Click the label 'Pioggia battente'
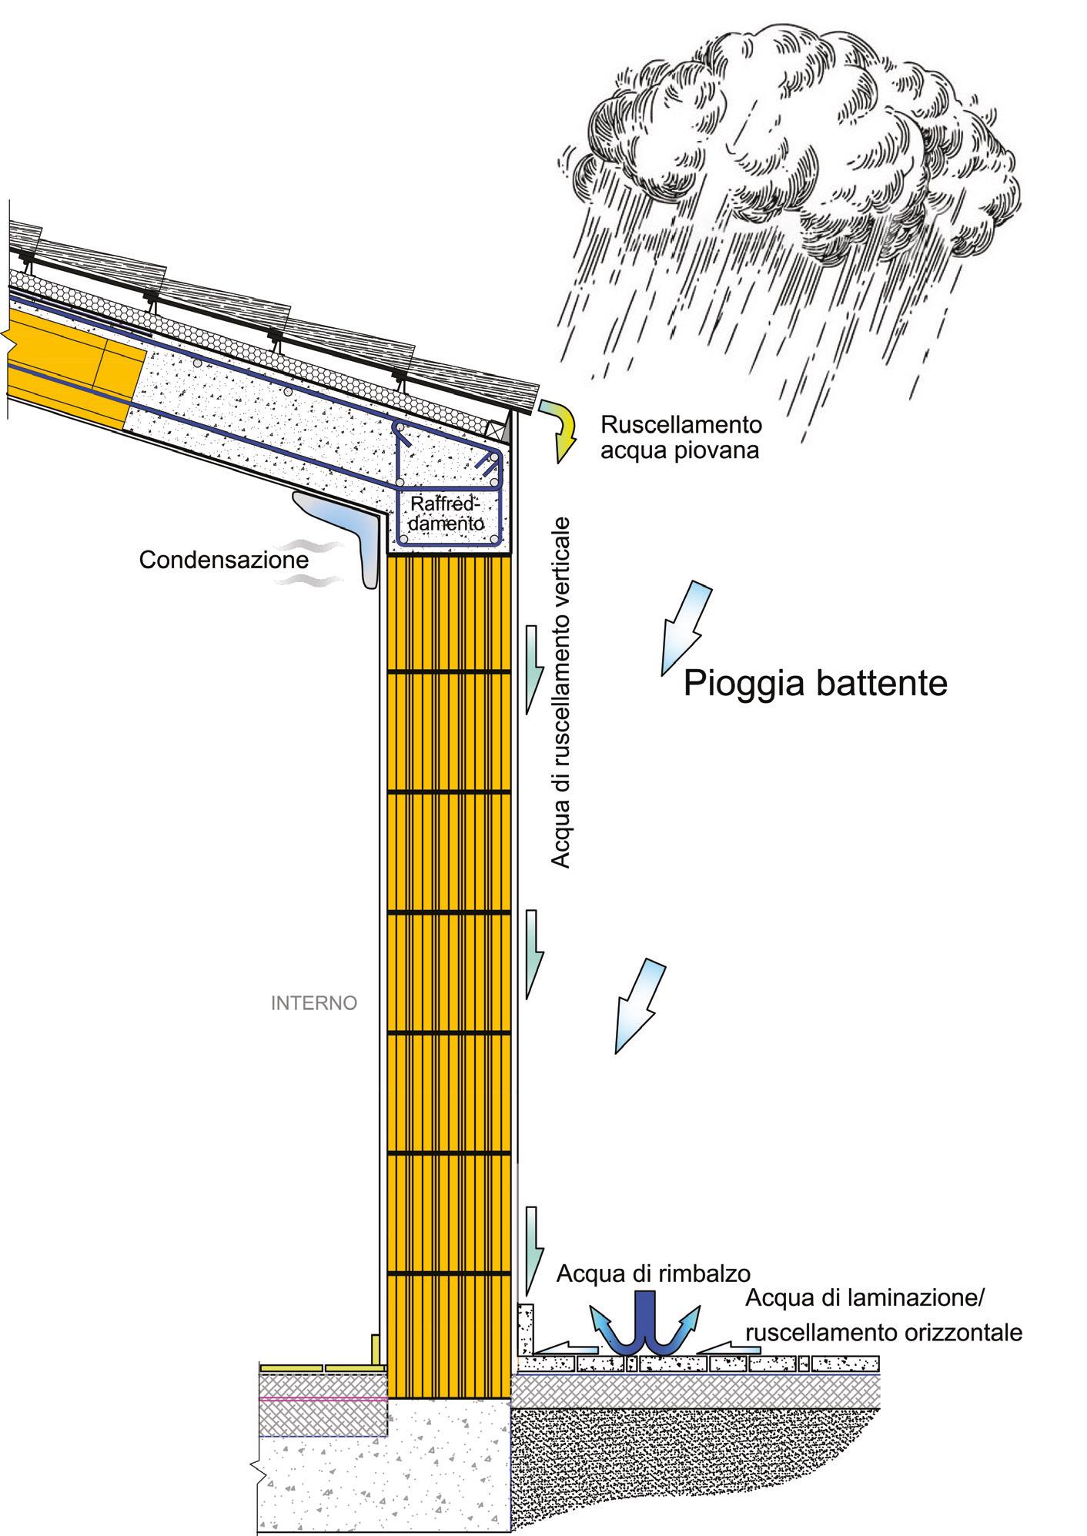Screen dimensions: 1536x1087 815,682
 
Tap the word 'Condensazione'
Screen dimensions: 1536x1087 223,559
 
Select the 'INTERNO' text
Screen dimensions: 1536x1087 314,1003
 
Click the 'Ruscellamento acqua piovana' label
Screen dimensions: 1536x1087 681,437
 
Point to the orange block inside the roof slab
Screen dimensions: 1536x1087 73,370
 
